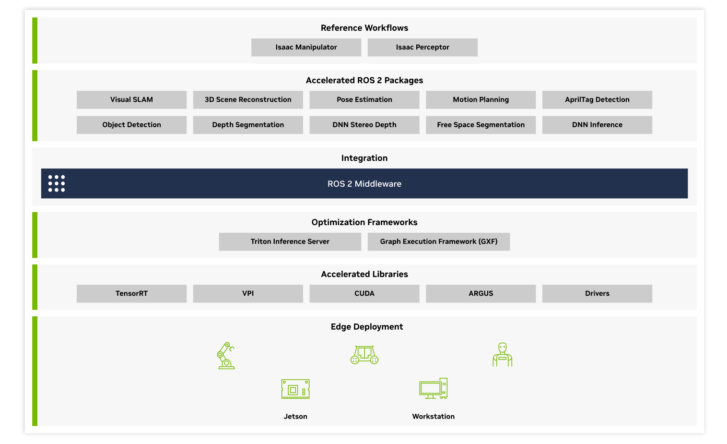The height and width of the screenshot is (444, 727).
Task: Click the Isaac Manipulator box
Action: [306, 48]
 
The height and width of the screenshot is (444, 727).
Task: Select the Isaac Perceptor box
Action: [422, 48]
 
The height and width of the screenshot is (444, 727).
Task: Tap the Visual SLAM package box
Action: [131, 100]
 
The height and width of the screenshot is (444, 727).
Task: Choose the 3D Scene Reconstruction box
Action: [248, 100]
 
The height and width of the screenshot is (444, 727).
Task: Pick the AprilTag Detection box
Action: [597, 100]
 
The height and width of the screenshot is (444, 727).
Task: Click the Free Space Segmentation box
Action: [481, 125]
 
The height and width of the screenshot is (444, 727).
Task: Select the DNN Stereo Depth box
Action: [364, 125]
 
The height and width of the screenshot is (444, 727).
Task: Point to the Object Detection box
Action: [131, 125]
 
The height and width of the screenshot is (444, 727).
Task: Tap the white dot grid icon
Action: [57, 183]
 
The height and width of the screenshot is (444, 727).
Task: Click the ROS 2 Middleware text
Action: [364, 184]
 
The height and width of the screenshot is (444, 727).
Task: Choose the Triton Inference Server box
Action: [290, 241]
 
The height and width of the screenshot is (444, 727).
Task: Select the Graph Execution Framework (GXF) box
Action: [439, 241]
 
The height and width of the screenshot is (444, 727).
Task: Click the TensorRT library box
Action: [131, 294]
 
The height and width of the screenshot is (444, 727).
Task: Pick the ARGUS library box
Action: [481, 294]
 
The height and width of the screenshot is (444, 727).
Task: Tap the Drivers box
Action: [597, 294]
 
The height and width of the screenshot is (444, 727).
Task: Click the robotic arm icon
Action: [225, 355]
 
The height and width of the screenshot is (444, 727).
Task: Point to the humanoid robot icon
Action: [503, 354]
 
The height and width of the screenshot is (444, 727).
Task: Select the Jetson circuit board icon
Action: [295, 389]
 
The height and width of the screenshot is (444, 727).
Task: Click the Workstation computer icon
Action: [434, 388]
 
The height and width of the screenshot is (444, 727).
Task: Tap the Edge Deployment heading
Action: [367, 327]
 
